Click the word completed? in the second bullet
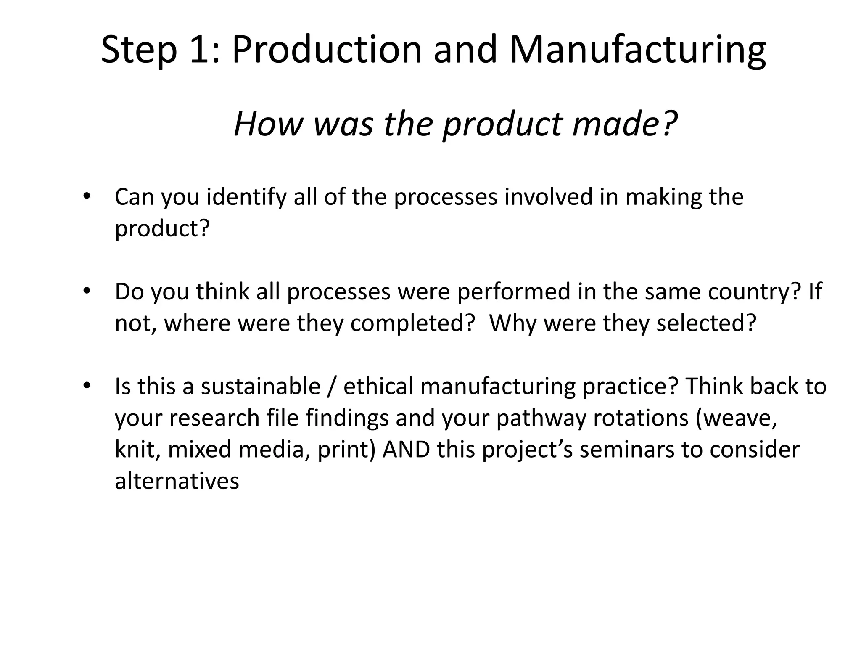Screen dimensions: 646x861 tap(412, 323)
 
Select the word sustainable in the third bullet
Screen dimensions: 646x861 tap(260, 386)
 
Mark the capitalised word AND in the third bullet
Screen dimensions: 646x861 tap(407, 449)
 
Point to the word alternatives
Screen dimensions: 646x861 tap(177, 481)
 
